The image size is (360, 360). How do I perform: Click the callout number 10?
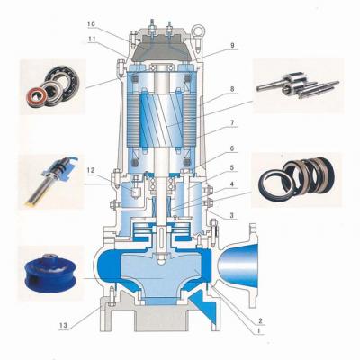(x=92, y=23)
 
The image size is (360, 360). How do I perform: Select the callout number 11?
(x=92, y=39)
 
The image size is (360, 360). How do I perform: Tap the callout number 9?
(x=232, y=45)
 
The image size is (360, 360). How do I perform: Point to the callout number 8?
(x=232, y=89)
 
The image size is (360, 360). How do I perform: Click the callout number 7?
(x=232, y=123)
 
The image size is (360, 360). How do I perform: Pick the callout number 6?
(x=232, y=148)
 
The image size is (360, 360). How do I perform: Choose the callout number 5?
(x=232, y=168)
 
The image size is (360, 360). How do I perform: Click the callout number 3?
(x=232, y=215)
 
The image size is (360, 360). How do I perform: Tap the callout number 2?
(x=260, y=320)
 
